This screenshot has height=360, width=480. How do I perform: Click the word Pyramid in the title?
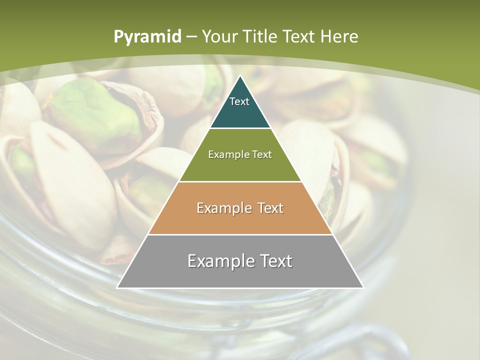click(x=147, y=37)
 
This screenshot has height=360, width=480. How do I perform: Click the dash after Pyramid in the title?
click(x=191, y=37)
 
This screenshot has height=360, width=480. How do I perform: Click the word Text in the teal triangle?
click(x=239, y=101)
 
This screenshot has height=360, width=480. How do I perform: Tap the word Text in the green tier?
click(x=262, y=154)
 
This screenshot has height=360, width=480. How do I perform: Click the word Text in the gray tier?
click(x=275, y=261)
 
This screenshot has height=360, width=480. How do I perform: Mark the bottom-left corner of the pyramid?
click(x=117, y=288)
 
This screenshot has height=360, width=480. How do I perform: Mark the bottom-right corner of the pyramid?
click(x=363, y=288)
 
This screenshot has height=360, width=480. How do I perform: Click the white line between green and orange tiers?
click(x=240, y=181)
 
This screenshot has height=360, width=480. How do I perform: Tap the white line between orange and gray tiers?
click(x=240, y=234)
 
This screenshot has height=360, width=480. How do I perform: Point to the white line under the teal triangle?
click(x=240, y=128)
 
